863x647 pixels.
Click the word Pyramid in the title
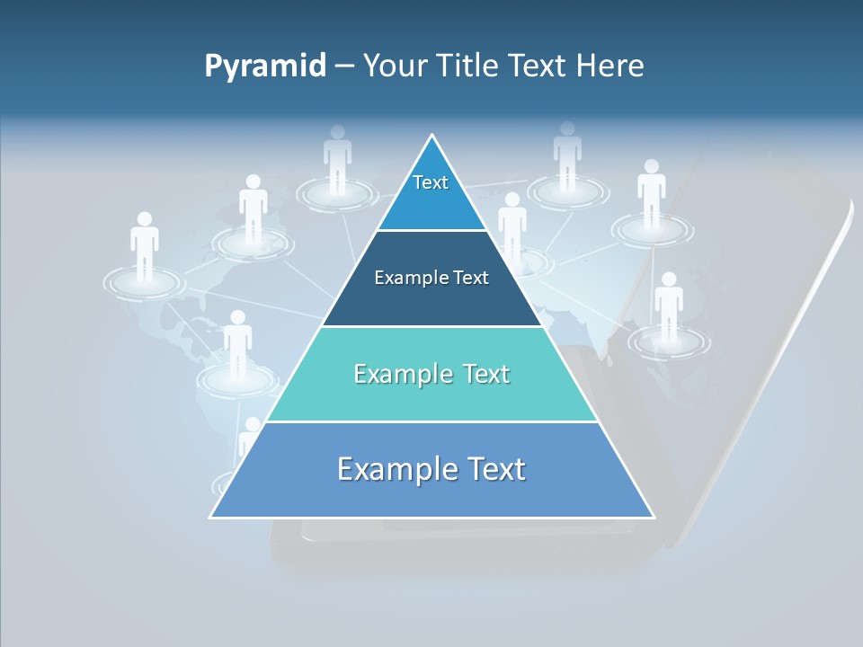coord(265,66)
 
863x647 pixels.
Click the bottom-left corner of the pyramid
coord(212,517)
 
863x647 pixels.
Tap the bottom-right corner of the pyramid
coord(653,517)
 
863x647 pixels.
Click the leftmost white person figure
coord(144,244)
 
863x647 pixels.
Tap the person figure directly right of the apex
coord(567,155)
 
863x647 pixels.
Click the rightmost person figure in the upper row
coord(651,193)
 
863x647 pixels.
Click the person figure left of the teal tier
coord(237,343)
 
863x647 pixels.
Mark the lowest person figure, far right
coord(668,306)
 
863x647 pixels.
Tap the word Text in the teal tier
coord(479,374)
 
